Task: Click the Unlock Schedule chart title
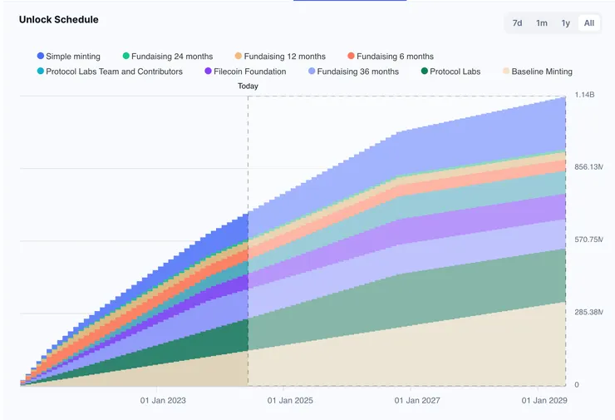point(58,18)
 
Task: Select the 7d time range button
point(517,23)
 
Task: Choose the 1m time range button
point(541,23)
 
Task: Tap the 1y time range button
point(565,23)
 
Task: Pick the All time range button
point(588,23)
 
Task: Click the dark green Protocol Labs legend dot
point(426,72)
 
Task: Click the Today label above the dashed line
point(248,86)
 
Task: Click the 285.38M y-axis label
point(588,312)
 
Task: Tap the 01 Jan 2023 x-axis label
point(163,400)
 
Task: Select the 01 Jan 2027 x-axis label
point(417,400)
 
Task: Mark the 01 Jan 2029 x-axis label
point(544,400)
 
